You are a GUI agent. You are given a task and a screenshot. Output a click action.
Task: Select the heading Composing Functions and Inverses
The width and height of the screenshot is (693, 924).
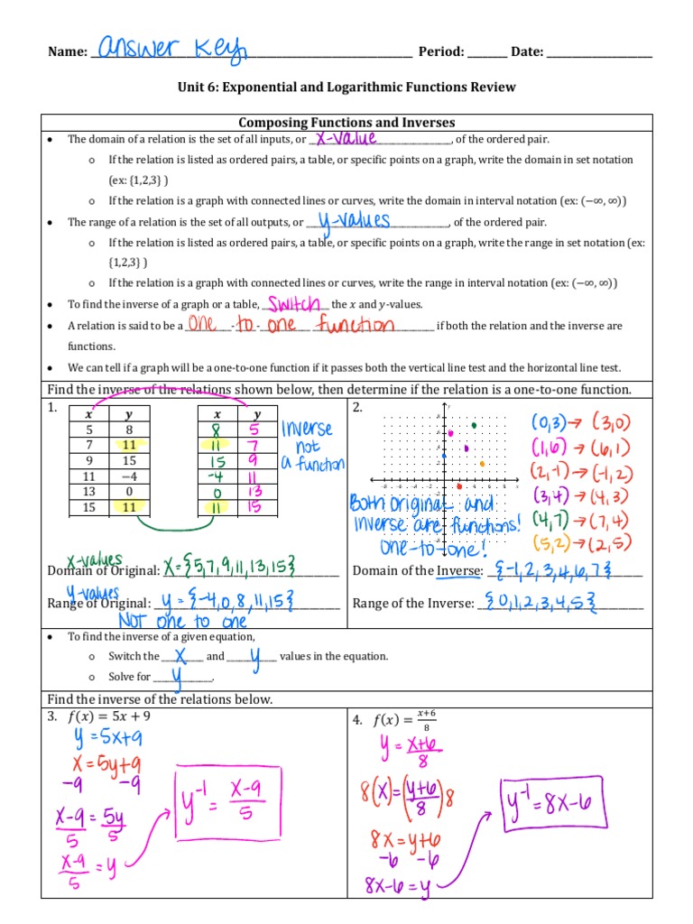pyautogui.click(x=346, y=123)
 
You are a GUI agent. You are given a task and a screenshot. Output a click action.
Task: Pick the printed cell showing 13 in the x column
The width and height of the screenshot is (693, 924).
pyautogui.click(x=88, y=492)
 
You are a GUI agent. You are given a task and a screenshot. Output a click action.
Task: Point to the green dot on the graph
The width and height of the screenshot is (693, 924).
pyautogui.click(x=475, y=424)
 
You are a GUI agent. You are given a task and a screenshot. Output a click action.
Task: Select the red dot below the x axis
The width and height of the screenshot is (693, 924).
pyautogui.click(x=459, y=487)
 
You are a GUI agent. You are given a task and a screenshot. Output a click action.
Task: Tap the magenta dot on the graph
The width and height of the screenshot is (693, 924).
pyautogui.click(x=451, y=434)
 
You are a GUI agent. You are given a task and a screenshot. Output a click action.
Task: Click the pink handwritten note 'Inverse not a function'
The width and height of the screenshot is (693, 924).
pyautogui.click(x=311, y=446)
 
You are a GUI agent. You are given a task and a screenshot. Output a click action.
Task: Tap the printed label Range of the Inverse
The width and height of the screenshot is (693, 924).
pyautogui.click(x=411, y=603)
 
